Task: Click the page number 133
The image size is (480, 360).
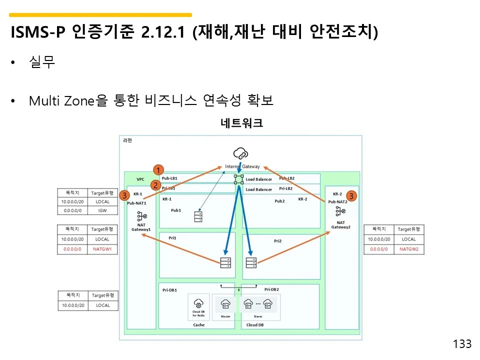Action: [x=462, y=344]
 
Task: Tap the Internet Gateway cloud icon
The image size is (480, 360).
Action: [x=240, y=153]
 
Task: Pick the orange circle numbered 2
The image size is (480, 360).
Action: [x=155, y=185]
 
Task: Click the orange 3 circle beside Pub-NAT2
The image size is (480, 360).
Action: [x=351, y=196]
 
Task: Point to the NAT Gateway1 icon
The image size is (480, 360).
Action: [x=141, y=216]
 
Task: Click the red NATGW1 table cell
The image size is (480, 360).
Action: [x=102, y=248]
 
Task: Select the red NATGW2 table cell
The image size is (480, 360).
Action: [x=408, y=248]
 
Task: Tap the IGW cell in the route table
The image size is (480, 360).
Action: [x=102, y=211]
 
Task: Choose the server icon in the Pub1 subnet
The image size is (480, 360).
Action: [x=199, y=216]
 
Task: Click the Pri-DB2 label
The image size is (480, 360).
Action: [x=271, y=289]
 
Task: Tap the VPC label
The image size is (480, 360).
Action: [x=140, y=179]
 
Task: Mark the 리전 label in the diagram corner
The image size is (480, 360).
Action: [x=127, y=140]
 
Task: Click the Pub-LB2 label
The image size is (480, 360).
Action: [x=286, y=178]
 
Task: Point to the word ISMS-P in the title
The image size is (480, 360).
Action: [x=38, y=33]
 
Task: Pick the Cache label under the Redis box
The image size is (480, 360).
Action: [x=199, y=325]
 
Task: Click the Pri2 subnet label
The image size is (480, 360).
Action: [x=278, y=241]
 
